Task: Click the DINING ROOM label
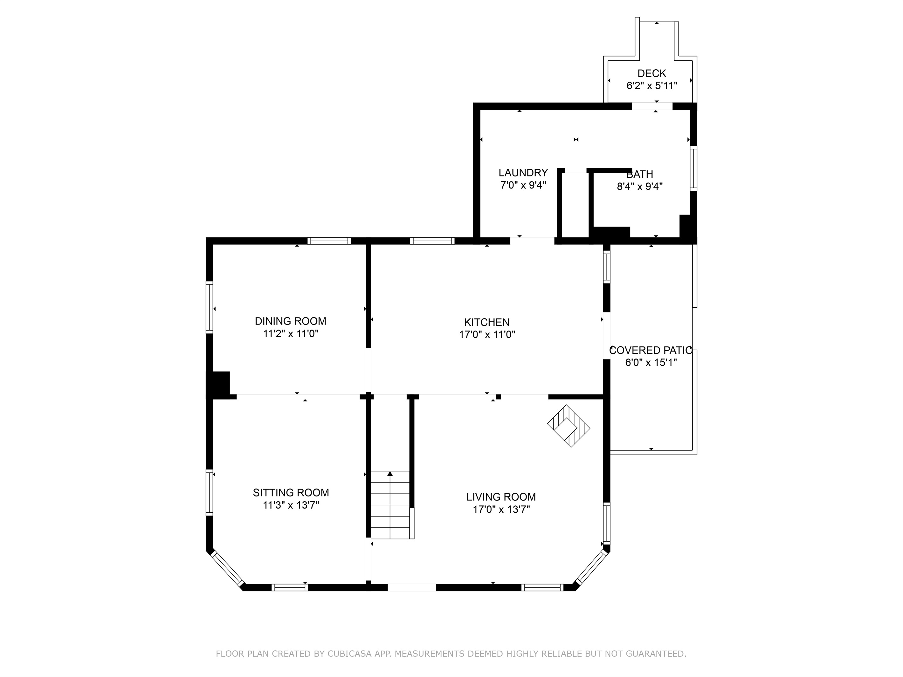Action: tap(290, 321)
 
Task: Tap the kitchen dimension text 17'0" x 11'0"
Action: tap(487, 335)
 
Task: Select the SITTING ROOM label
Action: tap(291, 493)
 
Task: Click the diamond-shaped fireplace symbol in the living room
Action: tap(568, 426)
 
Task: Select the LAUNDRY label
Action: tap(523, 173)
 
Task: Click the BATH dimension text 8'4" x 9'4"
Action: tap(639, 187)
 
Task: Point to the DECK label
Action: tap(651, 73)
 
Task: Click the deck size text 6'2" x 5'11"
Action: tap(651, 86)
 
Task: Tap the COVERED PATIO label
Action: tap(650, 350)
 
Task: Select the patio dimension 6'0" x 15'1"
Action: tap(651, 362)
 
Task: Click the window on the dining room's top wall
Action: tap(329, 241)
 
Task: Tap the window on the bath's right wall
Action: tap(693, 168)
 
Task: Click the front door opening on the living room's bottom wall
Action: tap(411, 588)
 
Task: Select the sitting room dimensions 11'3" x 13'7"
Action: tap(291, 505)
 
